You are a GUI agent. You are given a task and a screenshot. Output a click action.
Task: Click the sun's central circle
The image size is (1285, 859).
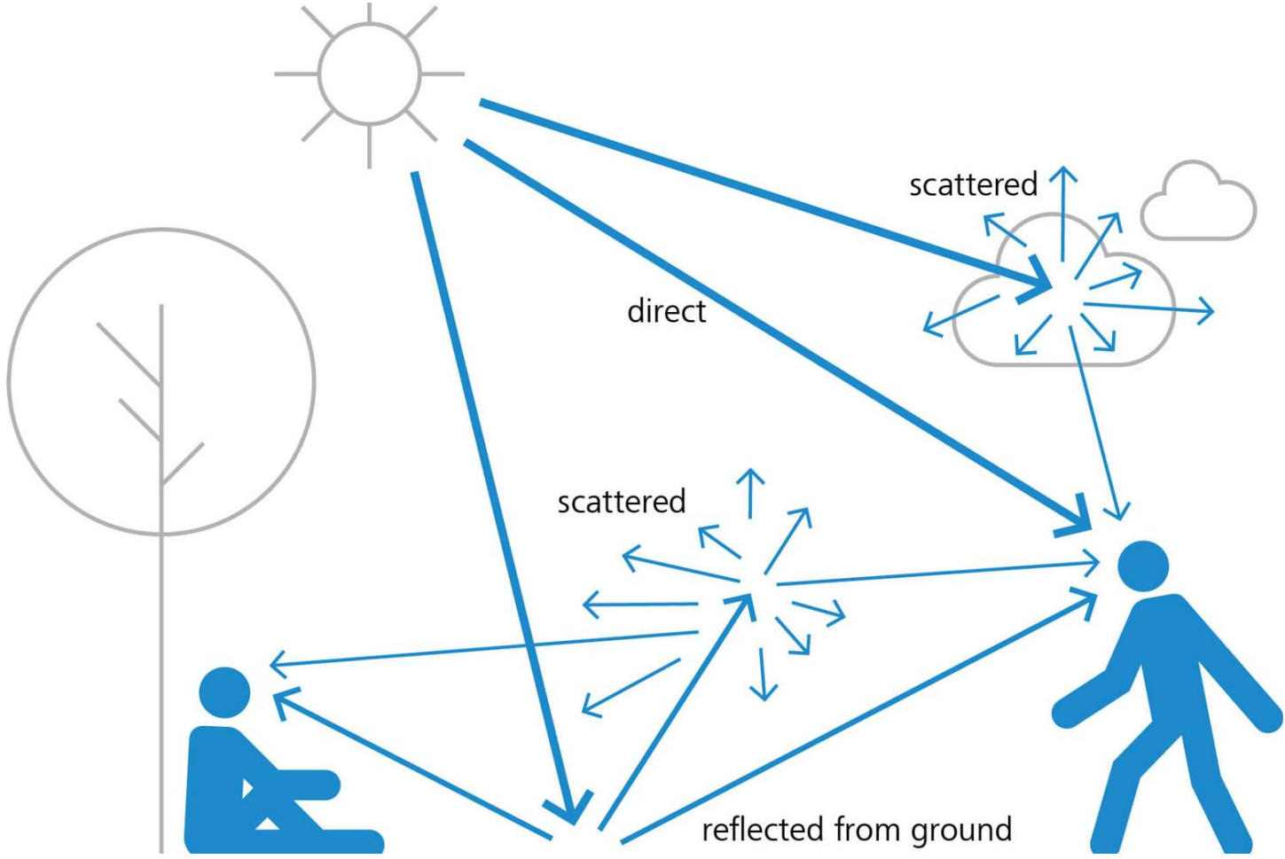pyautogui.click(x=369, y=74)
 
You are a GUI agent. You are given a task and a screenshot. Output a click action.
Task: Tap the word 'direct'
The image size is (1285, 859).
pyautogui.click(x=666, y=311)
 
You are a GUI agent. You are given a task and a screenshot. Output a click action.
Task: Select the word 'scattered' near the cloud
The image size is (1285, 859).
pyautogui.click(x=973, y=184)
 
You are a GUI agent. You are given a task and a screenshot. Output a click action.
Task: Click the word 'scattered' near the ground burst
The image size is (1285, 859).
pyautogui.click(x=621, y=502)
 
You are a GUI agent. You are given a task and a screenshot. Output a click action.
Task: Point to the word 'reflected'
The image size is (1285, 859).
pyautogui.click(x=763, y=830)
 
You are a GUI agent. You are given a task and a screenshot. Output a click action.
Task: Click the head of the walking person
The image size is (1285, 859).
pyautogui.click(x=1143, y=566)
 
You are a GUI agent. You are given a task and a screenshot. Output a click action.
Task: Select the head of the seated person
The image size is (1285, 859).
pyautogui.click(x=225, y=692)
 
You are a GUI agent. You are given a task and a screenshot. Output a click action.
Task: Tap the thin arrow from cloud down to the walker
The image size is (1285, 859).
pyautogui.click(x=1096, y=426)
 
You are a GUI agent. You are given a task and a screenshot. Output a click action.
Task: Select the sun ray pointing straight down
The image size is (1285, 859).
pyautogui.click(x=369, y=146)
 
